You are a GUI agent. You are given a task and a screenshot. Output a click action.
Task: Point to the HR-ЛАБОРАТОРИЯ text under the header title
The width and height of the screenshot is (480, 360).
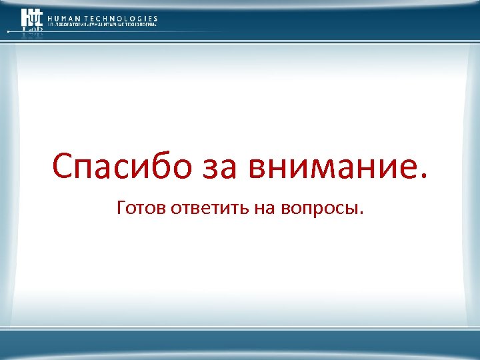pos(68,25)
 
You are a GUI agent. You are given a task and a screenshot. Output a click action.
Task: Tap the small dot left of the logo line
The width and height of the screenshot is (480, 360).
pos(9,31)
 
